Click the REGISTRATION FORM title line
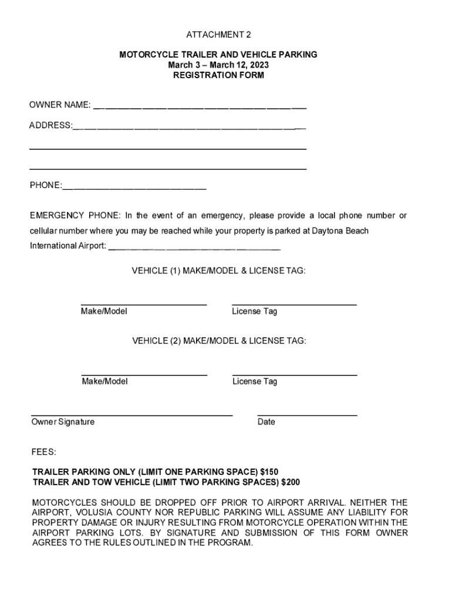[x=218, y=75]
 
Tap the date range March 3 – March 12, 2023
[x=218, y=65]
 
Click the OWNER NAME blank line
[x=200, y=108]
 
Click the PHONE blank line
[x=134, y=188]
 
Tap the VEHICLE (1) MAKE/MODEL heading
[x=218, y=271]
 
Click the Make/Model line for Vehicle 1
[x=144, y=304]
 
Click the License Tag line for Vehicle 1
[x=294, y=304]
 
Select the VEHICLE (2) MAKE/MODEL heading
[x=218, y=341]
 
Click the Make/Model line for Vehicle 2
[x=144, y=374]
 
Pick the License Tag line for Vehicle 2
[x=294, y=374]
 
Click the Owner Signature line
[x=131, y=414]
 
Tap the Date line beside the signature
[x=307, y=414]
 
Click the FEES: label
[x=44, y=452]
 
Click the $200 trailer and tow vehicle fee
[x=291, y=483]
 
